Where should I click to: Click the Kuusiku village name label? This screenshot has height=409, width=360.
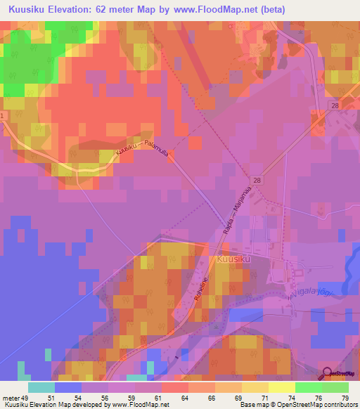tap(233, 259)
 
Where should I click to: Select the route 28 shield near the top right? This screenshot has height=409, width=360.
tap(335, 105)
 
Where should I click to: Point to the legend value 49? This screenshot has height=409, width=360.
tap(28, 397)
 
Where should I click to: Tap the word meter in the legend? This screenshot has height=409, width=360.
tap(11, 397)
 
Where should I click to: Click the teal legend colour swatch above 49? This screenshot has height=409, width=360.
tap(41, 387)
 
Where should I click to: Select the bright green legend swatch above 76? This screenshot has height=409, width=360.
tap(308, 387)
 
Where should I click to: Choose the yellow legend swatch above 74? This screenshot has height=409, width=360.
tap(281, 387)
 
